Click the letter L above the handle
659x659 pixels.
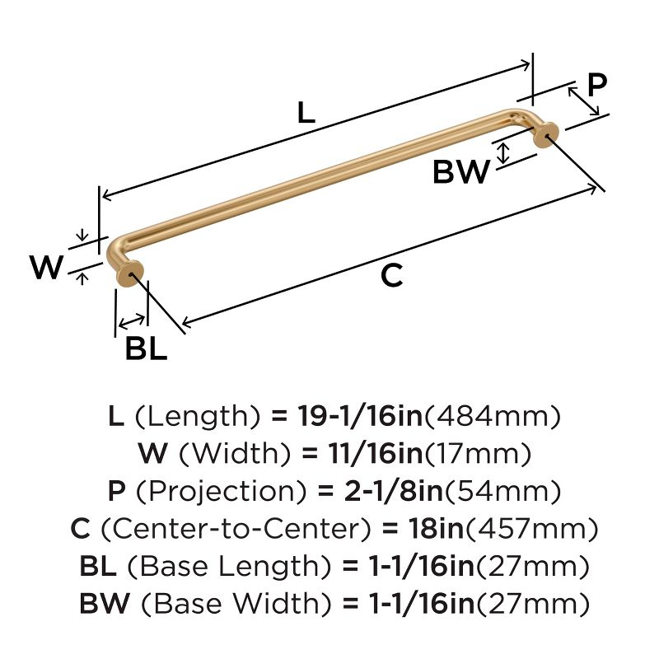click(306, 113)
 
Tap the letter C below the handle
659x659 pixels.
click(392, 276)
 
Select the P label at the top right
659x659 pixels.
click(596, 84)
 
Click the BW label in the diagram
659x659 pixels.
click(461, 173)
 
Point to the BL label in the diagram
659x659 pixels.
click(146, 349)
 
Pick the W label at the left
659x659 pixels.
click(46, 268)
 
